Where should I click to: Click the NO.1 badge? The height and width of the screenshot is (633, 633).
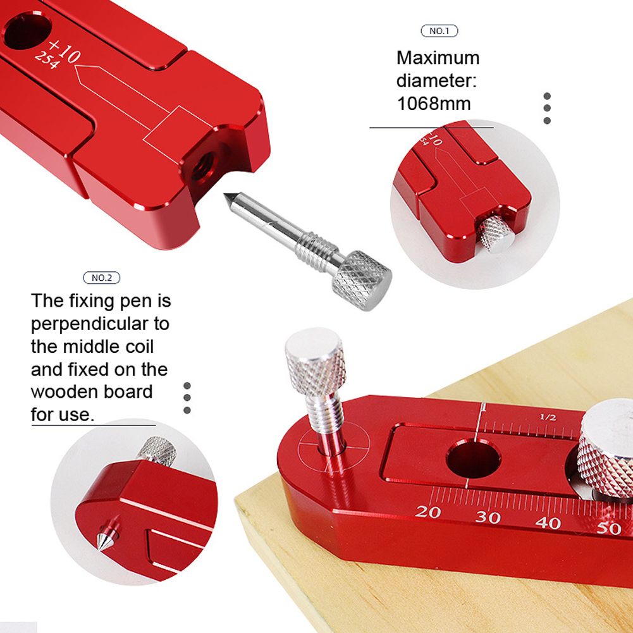(439, 31)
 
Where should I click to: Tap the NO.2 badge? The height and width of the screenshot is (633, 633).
(101, 278)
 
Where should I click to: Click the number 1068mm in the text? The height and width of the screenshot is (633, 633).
(434, 104)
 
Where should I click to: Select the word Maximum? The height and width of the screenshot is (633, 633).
(438, 58)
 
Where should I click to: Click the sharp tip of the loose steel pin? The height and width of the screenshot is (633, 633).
(226, 195)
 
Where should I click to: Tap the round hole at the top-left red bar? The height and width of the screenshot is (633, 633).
(27, 31)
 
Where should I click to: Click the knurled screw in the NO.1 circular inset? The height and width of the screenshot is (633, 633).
(495, 233)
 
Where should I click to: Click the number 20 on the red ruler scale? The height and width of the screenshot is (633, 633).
(427, 512)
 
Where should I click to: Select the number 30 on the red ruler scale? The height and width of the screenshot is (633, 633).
(488, 517)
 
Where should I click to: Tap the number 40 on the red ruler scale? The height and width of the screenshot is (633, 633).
(548, 523)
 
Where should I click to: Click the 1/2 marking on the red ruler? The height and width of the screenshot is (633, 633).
(548, 417)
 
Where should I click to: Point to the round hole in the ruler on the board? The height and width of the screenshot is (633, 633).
(473, 459)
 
